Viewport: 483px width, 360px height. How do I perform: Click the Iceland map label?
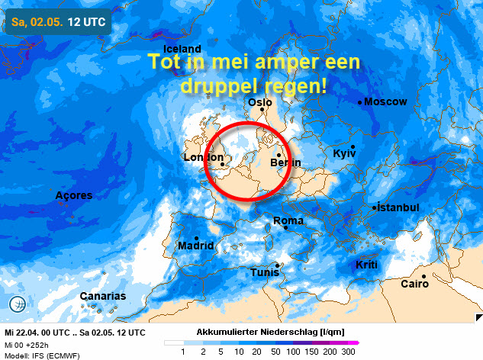coord(182,50)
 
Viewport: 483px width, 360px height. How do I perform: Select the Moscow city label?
coord(386,102)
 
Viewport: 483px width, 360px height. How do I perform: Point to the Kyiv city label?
coord(346,154)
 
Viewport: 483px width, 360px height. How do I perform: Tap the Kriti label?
coord(366,265)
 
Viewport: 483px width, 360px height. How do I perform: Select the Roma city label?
coord(288,221)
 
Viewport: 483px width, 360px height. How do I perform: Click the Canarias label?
coord(103,296)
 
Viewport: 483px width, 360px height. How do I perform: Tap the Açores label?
coord(74,196)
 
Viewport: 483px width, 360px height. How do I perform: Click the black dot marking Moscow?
coord(360,102)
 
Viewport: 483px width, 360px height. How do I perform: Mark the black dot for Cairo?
coord(424,276)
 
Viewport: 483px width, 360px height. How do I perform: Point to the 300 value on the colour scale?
coord(349,352)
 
